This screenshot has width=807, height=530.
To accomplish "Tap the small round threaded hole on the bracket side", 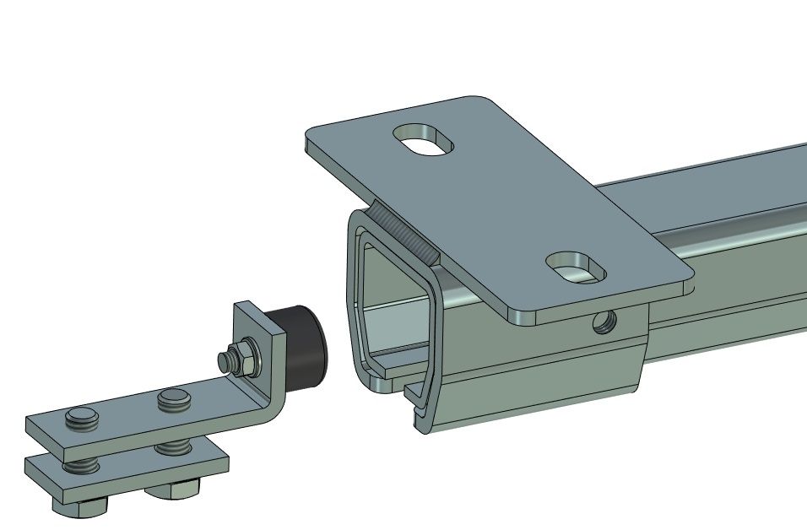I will tap(603, 322).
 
